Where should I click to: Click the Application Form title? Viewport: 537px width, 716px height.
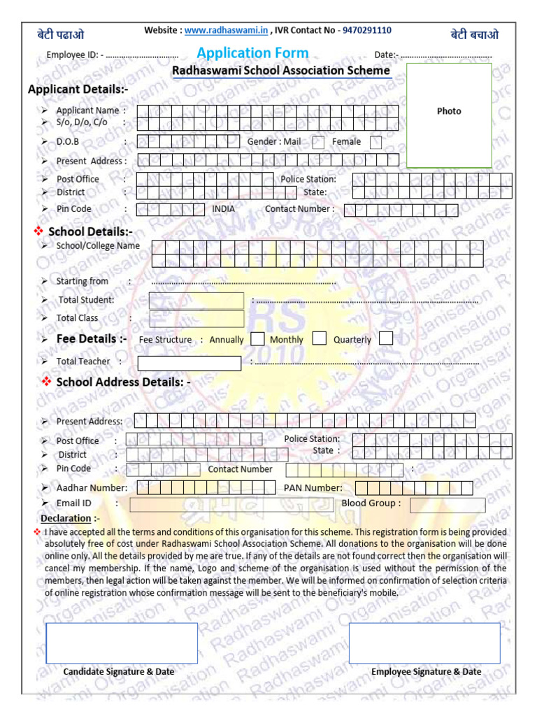point(252,53)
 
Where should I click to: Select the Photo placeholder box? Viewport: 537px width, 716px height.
point(449,115)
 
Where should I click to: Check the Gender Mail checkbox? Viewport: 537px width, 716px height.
point(318,143)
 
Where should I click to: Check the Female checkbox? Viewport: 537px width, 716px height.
point(375,143)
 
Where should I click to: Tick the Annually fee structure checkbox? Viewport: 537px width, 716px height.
point(257,339)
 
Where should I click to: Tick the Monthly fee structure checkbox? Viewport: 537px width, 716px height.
point(320,339)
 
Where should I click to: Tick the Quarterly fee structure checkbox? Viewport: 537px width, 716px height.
point(386,339)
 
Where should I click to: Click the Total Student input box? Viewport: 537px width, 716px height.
point(196,301)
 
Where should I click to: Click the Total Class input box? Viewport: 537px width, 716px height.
point(196,319)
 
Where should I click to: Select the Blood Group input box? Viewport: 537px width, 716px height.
point(447,505)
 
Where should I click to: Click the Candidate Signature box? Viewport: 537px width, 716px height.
point(122,643)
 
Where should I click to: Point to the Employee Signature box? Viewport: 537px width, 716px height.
point(424,643)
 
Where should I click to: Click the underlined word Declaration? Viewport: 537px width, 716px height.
point(66,519)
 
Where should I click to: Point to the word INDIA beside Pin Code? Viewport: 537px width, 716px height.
point(224,209)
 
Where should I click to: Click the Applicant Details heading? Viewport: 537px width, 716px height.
point(78,89)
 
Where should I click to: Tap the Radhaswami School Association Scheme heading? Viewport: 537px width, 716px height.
point(281,71)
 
